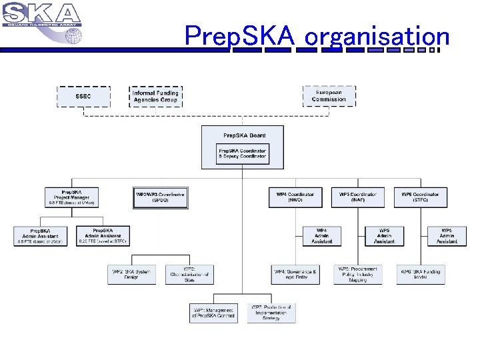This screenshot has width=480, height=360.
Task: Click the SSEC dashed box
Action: click(x=83, y=96)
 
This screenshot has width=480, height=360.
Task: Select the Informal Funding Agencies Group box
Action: click(x=155, y=96)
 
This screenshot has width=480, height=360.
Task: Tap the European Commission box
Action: click(x=329, y=96)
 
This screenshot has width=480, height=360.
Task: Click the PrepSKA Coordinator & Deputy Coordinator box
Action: click(x=243, y=155)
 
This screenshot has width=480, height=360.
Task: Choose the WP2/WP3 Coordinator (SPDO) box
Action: click(x=160, y=197)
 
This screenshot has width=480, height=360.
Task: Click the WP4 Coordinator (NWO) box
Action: click(x=295, y=197)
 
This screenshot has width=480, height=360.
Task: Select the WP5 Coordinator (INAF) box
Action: click(x=358, y=197)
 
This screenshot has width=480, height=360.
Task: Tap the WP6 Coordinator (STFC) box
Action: click(x=420, y=197)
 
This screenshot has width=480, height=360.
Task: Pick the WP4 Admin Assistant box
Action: click(x=322, y=236)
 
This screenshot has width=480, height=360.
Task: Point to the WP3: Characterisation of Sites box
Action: click(x=190, y=274)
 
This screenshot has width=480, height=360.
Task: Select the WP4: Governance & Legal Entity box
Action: click(x=295, y=274)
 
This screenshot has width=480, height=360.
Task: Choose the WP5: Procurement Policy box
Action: click(x=358, y=274)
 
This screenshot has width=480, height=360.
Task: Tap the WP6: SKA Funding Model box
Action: click(x=421, y=274)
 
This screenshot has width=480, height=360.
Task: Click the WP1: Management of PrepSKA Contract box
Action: click(x=213, y=313)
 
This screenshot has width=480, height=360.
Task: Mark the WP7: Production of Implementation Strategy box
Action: click(x=271, y=313)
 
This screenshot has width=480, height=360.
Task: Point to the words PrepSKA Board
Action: click(x=244, y=135)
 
